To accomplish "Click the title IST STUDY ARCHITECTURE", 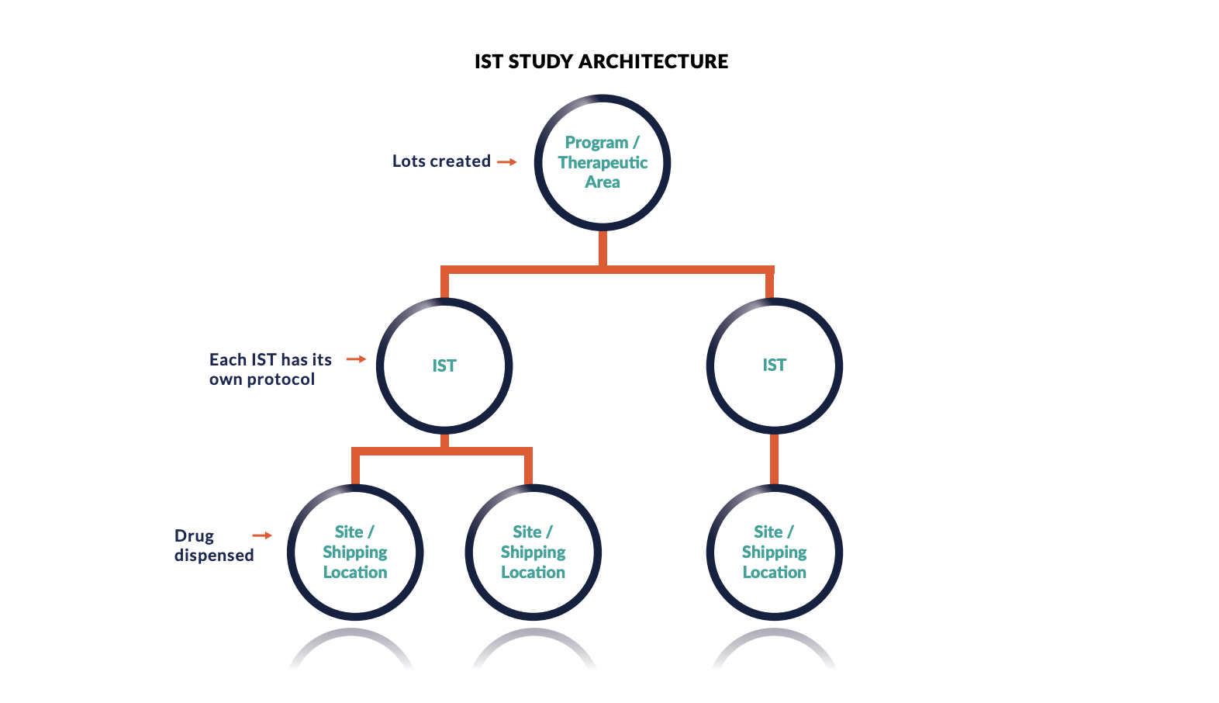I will [601, 61].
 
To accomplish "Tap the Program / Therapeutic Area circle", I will [603, 162].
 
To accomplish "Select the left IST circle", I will [444, 365].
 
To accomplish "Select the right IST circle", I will [774, 365].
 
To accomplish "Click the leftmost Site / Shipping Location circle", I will [355, 552].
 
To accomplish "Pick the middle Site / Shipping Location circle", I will [533, 552].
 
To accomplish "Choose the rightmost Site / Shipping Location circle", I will [774, 552].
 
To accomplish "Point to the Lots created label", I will [441, 161].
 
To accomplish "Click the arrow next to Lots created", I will [507, 162].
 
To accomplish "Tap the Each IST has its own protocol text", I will [270, 369].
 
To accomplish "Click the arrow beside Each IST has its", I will [356, 359].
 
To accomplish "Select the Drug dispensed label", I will [213, 545].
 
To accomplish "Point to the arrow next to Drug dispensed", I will [262, 535].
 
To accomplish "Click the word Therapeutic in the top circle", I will [603, 163].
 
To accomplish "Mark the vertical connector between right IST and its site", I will [774, 459].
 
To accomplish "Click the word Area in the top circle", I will [603, 182].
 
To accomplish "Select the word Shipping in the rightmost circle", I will [774, 552].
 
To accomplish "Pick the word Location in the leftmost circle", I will [355, 573].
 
